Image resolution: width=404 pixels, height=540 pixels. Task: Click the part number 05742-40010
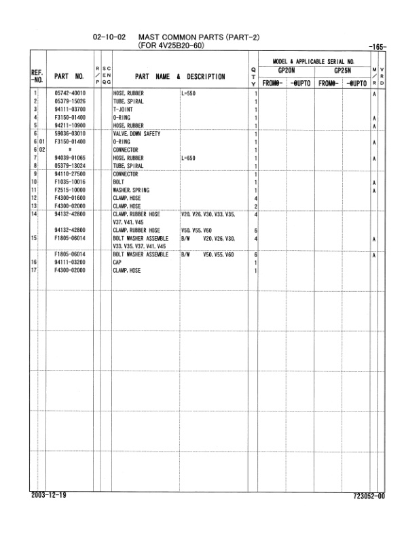click(70, 92)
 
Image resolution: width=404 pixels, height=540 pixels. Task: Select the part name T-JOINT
click(123, 109)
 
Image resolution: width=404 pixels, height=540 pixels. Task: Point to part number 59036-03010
click(70, 133)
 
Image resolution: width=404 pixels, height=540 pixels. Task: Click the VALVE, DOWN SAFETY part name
click(136, 133)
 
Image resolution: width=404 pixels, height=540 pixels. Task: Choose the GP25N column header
click(342, 70)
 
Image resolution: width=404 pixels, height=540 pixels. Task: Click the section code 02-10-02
click(109, 37)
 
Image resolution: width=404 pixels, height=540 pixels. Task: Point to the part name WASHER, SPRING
click(130, 190)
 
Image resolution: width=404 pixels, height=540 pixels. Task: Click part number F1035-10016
click(70, 182)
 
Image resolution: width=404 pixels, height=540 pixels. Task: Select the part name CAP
click(117, 263)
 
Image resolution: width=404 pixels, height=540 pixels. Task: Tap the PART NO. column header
click(69, 76)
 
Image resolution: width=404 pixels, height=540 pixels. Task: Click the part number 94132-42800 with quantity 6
click(70, 230)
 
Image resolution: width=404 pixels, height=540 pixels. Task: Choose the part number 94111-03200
click(70, 263)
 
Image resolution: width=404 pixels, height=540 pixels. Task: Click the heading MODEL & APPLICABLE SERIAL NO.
click(318, 61)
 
